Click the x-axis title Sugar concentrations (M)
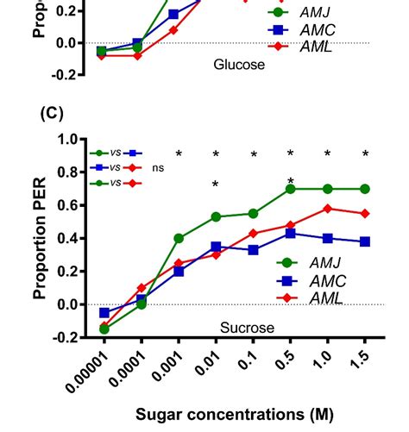[234, 414]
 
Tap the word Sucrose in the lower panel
[246, 328]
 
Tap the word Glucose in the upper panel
[239, 65]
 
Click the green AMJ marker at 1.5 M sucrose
[365, 189]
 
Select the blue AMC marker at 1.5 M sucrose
[365, 241]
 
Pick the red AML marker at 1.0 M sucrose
[328, 209]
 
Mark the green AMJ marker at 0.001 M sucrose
[179, 238]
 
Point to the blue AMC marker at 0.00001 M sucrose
[104, 313]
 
